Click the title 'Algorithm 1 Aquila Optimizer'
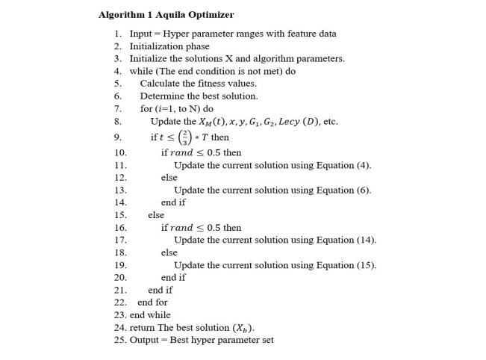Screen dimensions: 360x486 166,15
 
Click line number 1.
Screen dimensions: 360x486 117,34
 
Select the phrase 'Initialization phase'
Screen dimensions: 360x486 169,46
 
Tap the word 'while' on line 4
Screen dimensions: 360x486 140,72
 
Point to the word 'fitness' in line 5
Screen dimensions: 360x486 211,84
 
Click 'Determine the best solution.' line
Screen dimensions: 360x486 199,96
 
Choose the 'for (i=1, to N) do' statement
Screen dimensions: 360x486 176,109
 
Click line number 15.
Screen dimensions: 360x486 120,215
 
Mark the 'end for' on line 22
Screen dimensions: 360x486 152,302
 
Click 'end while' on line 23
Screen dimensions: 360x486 150,315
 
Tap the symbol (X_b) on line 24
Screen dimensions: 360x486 243,328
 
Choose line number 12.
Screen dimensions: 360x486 120,178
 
